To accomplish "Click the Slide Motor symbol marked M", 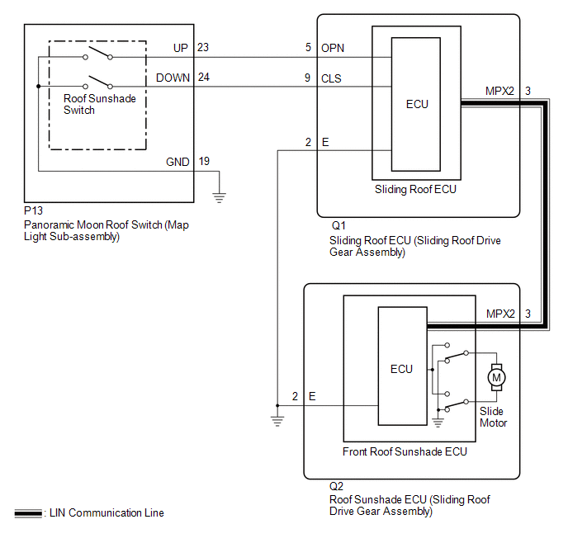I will coord(496,376).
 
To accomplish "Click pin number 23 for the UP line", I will coord(203,48).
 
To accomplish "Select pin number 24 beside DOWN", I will coord(203,78).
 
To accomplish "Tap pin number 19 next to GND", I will coord(203,162).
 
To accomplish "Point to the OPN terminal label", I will coord(332,48).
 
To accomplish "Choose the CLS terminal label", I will coord(331,78).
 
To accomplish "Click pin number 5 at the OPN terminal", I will coord(308,48).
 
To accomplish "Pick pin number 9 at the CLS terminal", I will coord(308,78).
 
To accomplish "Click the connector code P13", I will coord(34,211).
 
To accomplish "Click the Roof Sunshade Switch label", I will coord(100,104).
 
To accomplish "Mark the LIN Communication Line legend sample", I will coord(29,513).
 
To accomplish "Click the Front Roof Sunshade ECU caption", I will coord(405,451).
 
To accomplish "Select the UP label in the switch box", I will coord(181,48).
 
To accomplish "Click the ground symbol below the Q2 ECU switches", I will coord(438,423).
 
